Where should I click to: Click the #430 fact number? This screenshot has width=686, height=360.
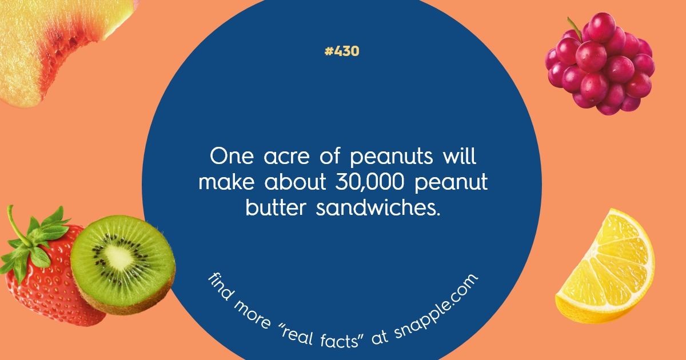click(x=342, y=51)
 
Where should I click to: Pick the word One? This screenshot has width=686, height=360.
click(x=229, y=156)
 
